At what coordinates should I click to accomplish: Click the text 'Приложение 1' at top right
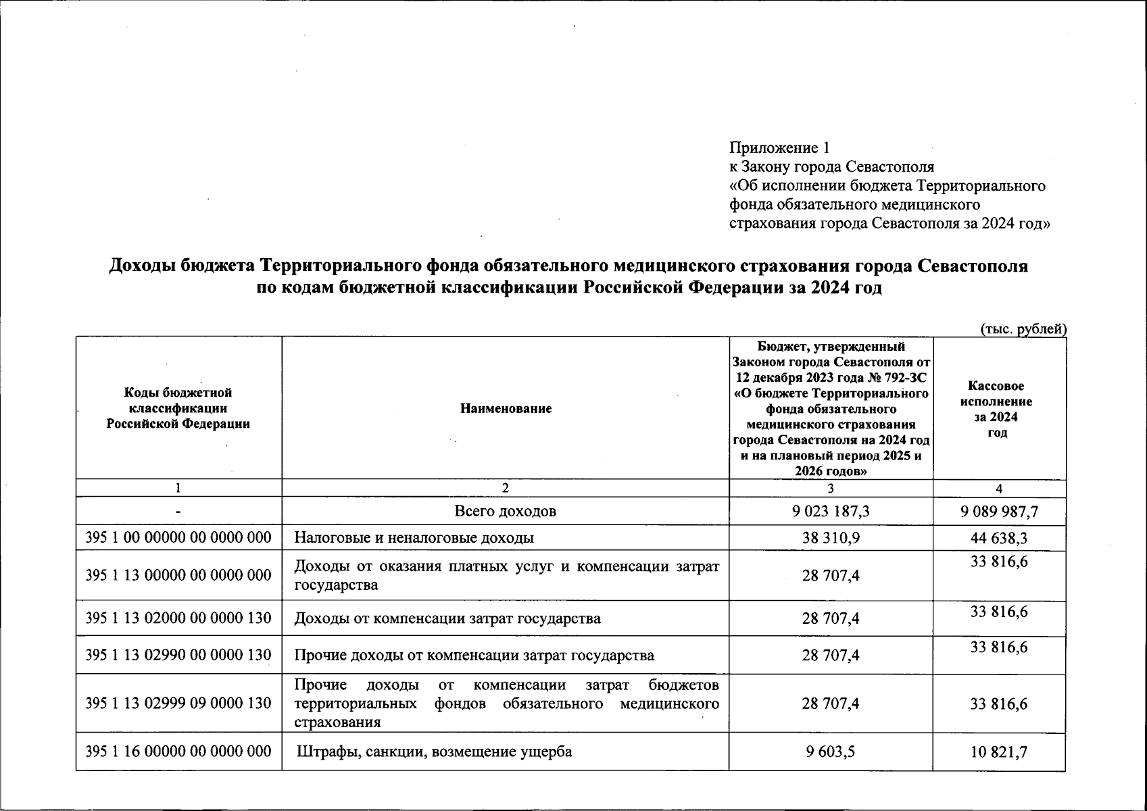779,148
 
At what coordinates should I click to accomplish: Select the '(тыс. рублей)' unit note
1023,329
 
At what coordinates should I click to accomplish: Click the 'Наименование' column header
506,408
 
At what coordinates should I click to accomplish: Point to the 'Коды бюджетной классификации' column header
178,408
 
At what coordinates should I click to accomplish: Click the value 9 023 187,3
831,512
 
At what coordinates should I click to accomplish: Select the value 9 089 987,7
999,512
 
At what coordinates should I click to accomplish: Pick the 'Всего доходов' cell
506,512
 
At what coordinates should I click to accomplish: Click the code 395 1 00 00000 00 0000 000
178,538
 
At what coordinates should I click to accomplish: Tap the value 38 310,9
831,538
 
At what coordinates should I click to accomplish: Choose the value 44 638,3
999,538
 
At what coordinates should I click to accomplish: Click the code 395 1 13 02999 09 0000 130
178,704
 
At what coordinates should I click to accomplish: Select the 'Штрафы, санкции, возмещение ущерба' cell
435,752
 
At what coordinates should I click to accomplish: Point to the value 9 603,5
831,752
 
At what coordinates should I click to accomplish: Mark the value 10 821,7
999,752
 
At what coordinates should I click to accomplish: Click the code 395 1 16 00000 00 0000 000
178,752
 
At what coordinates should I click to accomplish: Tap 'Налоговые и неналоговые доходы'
414,538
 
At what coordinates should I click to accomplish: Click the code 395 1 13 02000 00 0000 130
178,618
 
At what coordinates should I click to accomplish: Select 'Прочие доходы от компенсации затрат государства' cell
474,656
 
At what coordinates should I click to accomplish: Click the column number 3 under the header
831,489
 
